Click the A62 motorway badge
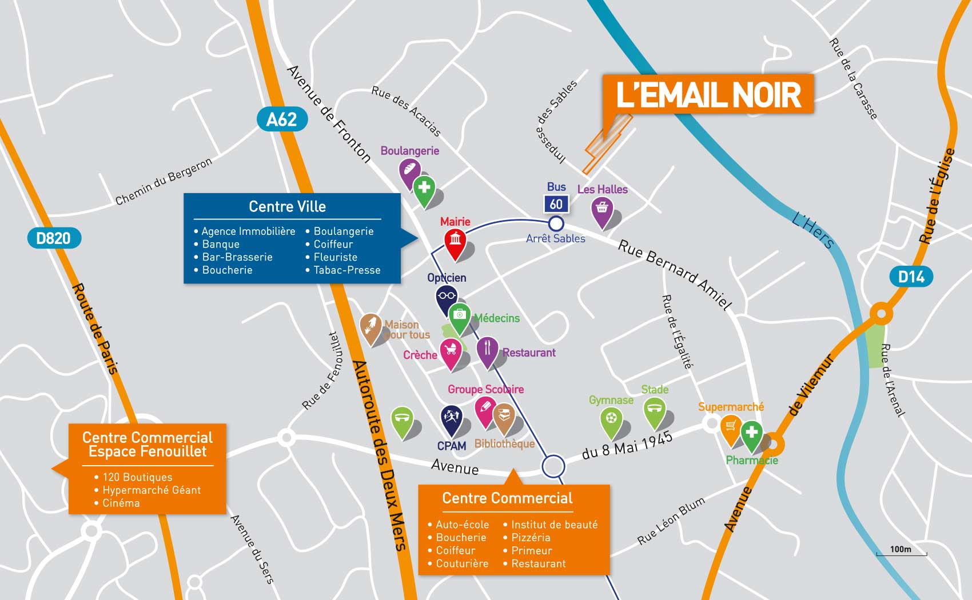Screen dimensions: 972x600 coord(282,119)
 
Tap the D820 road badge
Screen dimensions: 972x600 coord(54,238)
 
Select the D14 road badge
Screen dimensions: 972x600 coord(911,277)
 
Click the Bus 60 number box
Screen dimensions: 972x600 coord(556,204)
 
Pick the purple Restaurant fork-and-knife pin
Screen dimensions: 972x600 coord(487,352)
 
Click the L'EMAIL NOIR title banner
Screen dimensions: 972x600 coord(708,95)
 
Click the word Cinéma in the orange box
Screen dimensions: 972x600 coord(121,503)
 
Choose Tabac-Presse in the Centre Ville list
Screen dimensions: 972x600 coord(346,270)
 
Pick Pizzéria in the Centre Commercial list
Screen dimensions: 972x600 coord(531,538)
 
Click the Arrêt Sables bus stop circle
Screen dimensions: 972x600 coord(556,223)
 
